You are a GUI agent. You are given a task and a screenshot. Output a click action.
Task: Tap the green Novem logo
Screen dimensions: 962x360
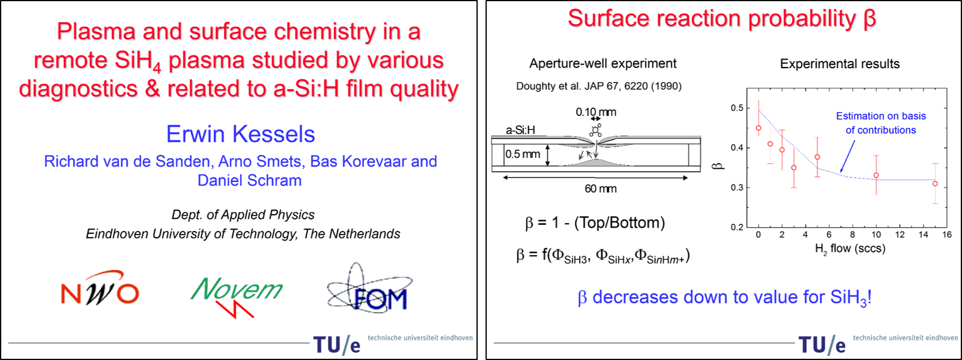pyautogui.click(x=236, y=297)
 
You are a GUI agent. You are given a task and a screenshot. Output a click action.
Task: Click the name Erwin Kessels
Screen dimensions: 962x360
pyautogui.click(x=241, y=134)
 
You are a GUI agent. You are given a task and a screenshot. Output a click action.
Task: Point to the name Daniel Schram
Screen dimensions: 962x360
pyautogui.click(x=250, y=180)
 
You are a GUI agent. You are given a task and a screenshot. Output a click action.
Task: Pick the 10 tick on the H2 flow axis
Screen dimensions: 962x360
pyautogui.click(x=876, y=235)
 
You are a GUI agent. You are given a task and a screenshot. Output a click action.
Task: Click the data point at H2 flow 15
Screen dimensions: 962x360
pyautogui.click(x=935, y=184)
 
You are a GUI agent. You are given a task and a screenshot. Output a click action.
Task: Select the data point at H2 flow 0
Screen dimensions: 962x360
pyautogui.click(x=758, y=128)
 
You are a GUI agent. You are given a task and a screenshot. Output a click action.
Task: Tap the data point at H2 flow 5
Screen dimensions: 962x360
pyautogui.click(x=817, y=157)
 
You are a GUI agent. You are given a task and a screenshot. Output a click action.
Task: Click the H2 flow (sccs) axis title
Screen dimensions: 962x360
pyautogui.click(x=850, y=249)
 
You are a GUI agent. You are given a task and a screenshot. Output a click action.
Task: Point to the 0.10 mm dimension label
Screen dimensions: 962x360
pyautogui.click(x=596, y=112)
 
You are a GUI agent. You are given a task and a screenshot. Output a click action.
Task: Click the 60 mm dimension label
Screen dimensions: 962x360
pyautogui.click(x=600, y=189)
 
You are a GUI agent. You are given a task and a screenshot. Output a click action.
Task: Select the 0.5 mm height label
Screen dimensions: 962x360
pyautogui.click(x=522, y=154)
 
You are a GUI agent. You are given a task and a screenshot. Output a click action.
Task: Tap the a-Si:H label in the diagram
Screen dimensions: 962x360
pyautogui.click(x=520, y=130)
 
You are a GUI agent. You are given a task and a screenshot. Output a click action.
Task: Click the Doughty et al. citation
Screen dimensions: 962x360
pyautogui.click(x=599, y=86)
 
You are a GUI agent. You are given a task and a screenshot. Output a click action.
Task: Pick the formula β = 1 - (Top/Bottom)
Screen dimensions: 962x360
pyautogui.click(x=595, y=223)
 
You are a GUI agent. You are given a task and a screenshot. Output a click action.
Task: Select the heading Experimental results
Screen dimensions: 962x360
pyautogui.click(x=840, y=64)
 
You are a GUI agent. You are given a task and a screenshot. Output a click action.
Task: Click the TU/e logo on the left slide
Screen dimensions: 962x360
pyautogui.click(x=337, y=345)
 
